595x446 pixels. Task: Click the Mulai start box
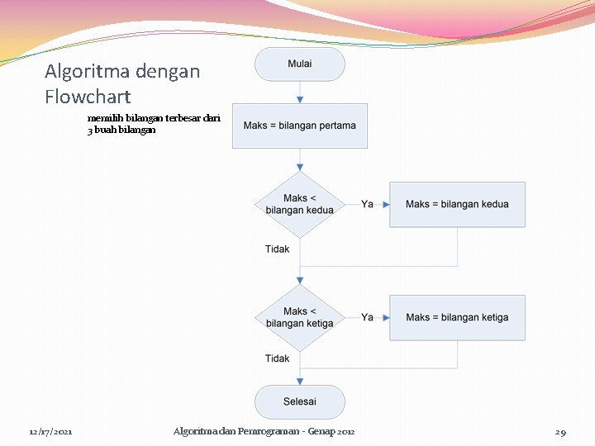(299, 64)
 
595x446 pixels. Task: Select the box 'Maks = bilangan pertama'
(299, 126)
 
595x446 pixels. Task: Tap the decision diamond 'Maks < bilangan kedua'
(299, 204)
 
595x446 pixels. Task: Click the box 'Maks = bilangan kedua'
(457, 204)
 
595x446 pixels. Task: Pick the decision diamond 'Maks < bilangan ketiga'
(299, 317)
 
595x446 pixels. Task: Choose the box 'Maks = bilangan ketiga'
(457, 317)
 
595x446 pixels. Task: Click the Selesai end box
(299, 402)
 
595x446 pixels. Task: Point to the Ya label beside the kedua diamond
(367, 204)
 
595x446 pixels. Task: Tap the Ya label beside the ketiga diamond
(367, 317)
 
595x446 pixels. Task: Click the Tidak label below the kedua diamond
(278, 249)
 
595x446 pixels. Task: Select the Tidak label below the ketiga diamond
(278, 358)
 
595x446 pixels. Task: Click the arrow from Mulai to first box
(299, 93)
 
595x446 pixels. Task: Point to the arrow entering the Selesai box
(299, 377)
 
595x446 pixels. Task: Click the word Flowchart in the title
(88, 97)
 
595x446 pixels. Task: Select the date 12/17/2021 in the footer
(50, 432)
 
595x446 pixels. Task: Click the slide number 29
(560, 432)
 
